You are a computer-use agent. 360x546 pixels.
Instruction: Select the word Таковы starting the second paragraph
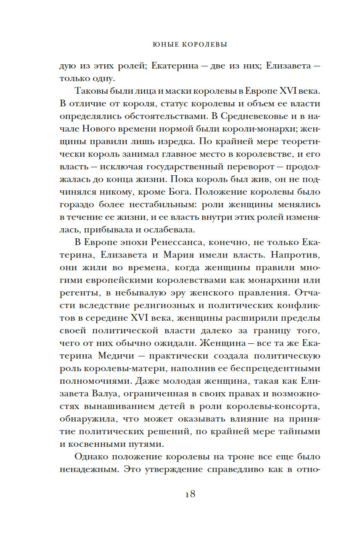point(90,92)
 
